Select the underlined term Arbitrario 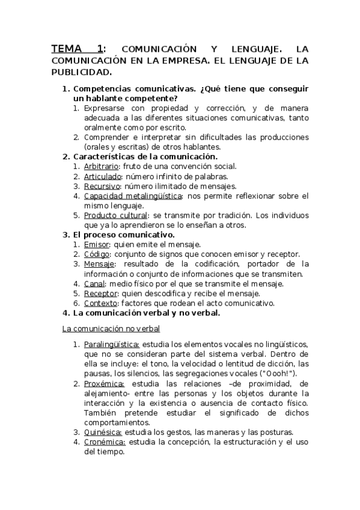pos(101,166)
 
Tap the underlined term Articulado pos(102,176)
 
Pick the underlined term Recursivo pos(102,186)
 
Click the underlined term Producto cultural pos(115,215)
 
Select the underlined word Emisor pos(96,244)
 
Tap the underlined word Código pos(96,254)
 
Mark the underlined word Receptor pos(100,293)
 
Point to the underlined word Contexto pos(100,303)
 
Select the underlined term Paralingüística pos(112,344)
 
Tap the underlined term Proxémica pos(105,383)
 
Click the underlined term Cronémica pos(105,442)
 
